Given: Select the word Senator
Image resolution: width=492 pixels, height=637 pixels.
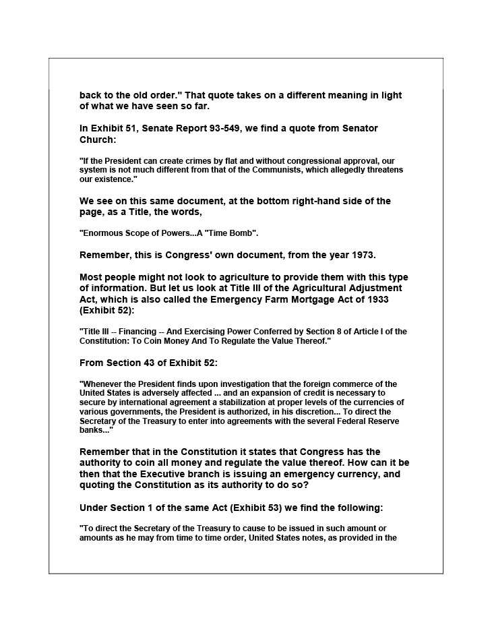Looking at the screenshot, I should click(357, 128).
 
